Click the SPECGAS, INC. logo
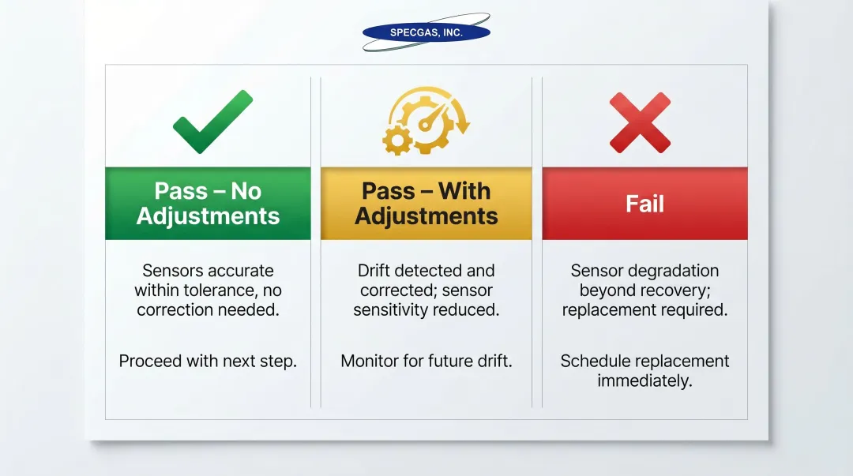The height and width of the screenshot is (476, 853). (x=426, y=32)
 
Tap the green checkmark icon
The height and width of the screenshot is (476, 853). (x=212, y=122)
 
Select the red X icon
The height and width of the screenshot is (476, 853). (x=640, y=122)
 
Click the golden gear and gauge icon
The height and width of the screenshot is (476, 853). (x=426, y=121)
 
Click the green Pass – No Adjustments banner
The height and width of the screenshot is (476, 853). (x=208, y=204)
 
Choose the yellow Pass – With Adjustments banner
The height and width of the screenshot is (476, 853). (x=426, y=204)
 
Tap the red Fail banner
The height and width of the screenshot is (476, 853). (x=644, y=204)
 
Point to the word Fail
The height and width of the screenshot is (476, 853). (x=644, y=204)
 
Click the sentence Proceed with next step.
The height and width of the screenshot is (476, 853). (x=208, y=362)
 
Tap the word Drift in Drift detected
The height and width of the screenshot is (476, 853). (x=376, y=271)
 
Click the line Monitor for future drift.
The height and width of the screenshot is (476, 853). (x=426, y=362)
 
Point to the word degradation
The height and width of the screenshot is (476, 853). (x=673, y=271)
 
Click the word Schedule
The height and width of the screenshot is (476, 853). (x=594, y=362)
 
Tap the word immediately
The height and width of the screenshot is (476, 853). (x=644, y=381)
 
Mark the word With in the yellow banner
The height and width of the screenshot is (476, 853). (x=464, y=192)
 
